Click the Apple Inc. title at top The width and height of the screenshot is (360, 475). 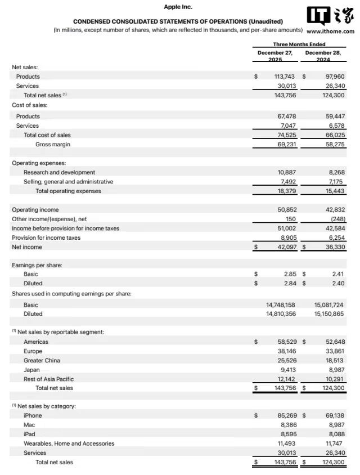coord(178,7)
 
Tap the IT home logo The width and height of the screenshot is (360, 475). coord(331,16)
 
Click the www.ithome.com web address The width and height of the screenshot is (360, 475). coord(331,32)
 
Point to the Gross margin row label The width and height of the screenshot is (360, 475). coord(53,145)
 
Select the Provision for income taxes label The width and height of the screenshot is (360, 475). coord(46,237)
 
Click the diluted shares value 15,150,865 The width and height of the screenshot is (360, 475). coord(329,313)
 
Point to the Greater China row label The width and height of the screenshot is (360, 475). coord(42,360)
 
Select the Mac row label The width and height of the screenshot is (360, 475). coord(29,425)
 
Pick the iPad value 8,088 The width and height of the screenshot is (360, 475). coord(335,434)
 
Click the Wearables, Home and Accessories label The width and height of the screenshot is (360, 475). coord(69,443)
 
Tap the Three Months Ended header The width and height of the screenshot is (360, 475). coord(299,44)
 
